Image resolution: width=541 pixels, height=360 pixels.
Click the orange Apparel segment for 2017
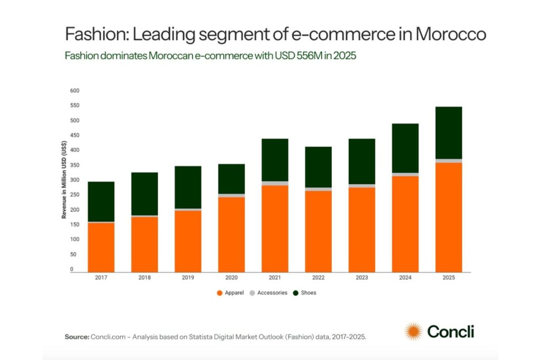coord(101,247)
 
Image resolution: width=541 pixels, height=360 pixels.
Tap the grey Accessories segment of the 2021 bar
coord(275,183)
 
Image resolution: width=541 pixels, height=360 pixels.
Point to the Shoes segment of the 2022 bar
coord(318,167)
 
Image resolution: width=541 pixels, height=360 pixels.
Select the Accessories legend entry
coord(268,292)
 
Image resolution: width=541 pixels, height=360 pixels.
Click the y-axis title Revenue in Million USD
coord(64,180)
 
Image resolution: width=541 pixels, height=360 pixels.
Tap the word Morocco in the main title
coord(450,35)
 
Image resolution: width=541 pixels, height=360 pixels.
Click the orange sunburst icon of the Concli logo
coord(413,331)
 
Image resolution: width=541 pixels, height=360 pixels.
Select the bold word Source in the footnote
coord(76,336)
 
